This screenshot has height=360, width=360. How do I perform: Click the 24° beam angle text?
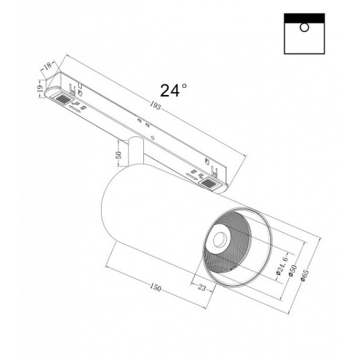pyautogui.click(x=174, y=90)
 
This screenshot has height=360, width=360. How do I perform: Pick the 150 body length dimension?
pyautogui.click(x=159, y=288)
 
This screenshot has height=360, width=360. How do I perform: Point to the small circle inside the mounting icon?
pyautogui.click(x=304, y=28)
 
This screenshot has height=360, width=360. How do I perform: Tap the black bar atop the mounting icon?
pyautogui.click(x=304, y=16)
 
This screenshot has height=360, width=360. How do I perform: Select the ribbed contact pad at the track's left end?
pyautogui.click(x=62, y=100)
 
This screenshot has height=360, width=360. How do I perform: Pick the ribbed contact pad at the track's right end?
pyautogui.click(x=208, y=183)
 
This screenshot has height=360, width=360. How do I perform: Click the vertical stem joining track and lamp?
pyautogui.click(x=137, y=152)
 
